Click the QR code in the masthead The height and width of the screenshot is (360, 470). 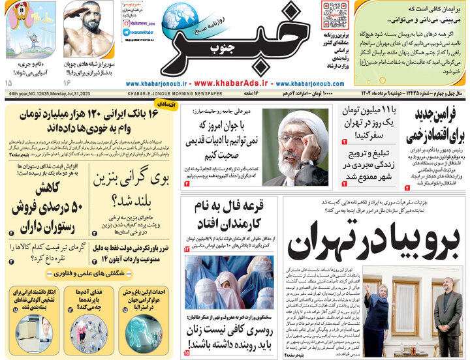[x=334, y=14]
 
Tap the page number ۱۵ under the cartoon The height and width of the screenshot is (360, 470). [x=8, y=83]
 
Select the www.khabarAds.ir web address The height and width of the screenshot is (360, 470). [x=232, y=83]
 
